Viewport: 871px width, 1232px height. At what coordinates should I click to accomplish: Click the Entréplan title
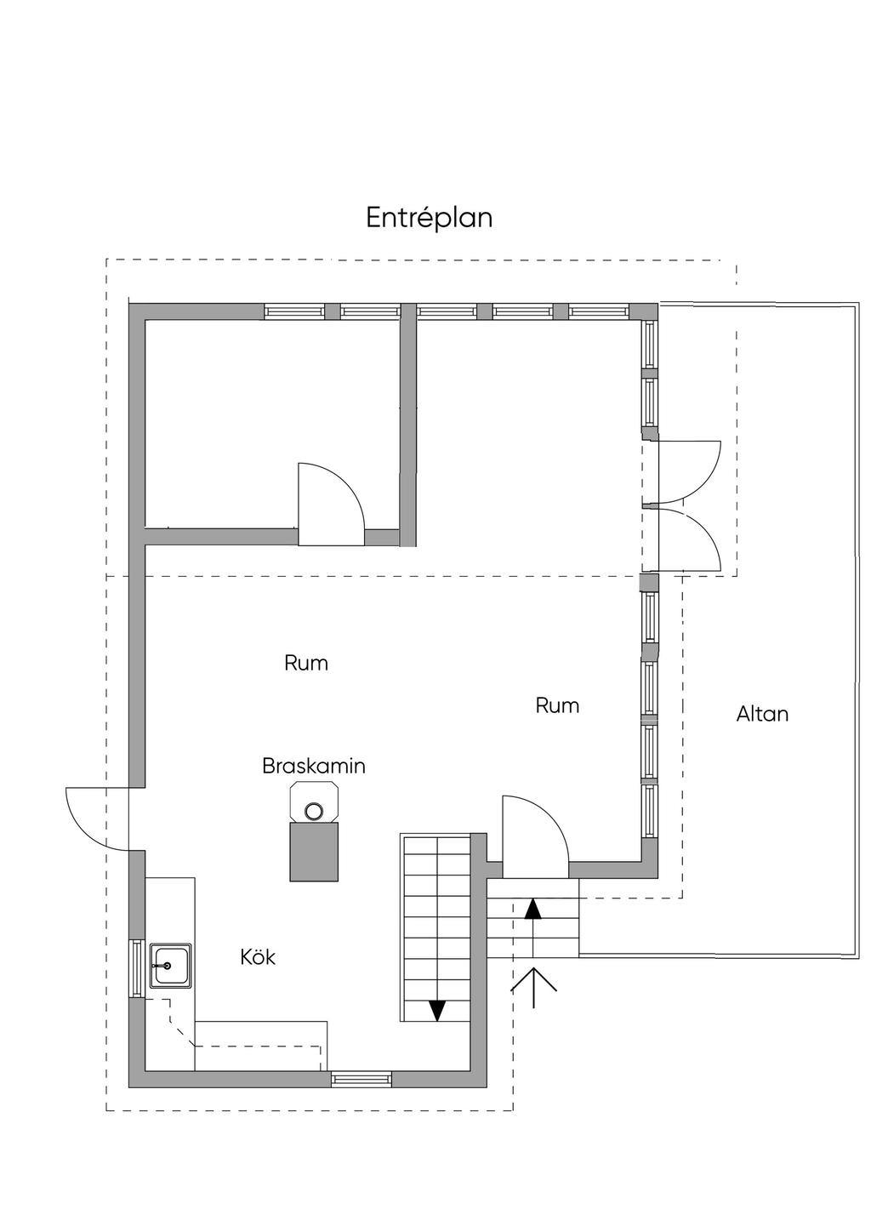pyautogui.click(x=430, y=218)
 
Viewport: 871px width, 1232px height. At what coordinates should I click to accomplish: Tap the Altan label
pyautogui.click(x=762, y=714)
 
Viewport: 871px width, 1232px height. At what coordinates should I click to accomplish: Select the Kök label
pyautogui.click(x=258, y=957)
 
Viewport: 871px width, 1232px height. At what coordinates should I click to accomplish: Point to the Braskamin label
pyautogui.click(x=314, y=766)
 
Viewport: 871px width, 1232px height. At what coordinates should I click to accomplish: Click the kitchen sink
pyautogui.click(x=170, y=966)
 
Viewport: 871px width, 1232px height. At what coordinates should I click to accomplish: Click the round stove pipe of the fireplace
pyautogui.click(x=315, y=810)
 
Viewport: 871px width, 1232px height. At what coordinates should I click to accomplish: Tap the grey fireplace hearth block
pyautogui.click(x=315, y=852)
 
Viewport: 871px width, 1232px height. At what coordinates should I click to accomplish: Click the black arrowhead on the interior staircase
pyautogui.click(x=437, y=1010)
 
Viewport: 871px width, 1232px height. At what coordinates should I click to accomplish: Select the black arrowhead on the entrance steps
pyautogui.click(x=533, y=908)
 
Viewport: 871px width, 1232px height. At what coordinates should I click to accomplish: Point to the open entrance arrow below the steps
pyautogui.click(x=533, y=987)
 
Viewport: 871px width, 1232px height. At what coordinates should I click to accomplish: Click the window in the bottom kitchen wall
pyautogui.click(x=361, y=1079)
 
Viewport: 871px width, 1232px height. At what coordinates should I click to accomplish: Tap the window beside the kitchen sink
pyautogui.click(x=136, y=968)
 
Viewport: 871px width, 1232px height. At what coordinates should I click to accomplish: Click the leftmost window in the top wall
pyautogui.click(x=294, y=311)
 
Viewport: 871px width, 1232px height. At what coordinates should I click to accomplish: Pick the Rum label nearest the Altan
pyautogui.click(x=557, y=705)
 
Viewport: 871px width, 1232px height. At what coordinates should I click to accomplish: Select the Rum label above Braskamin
pyautogui.click(x=306, y=663)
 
